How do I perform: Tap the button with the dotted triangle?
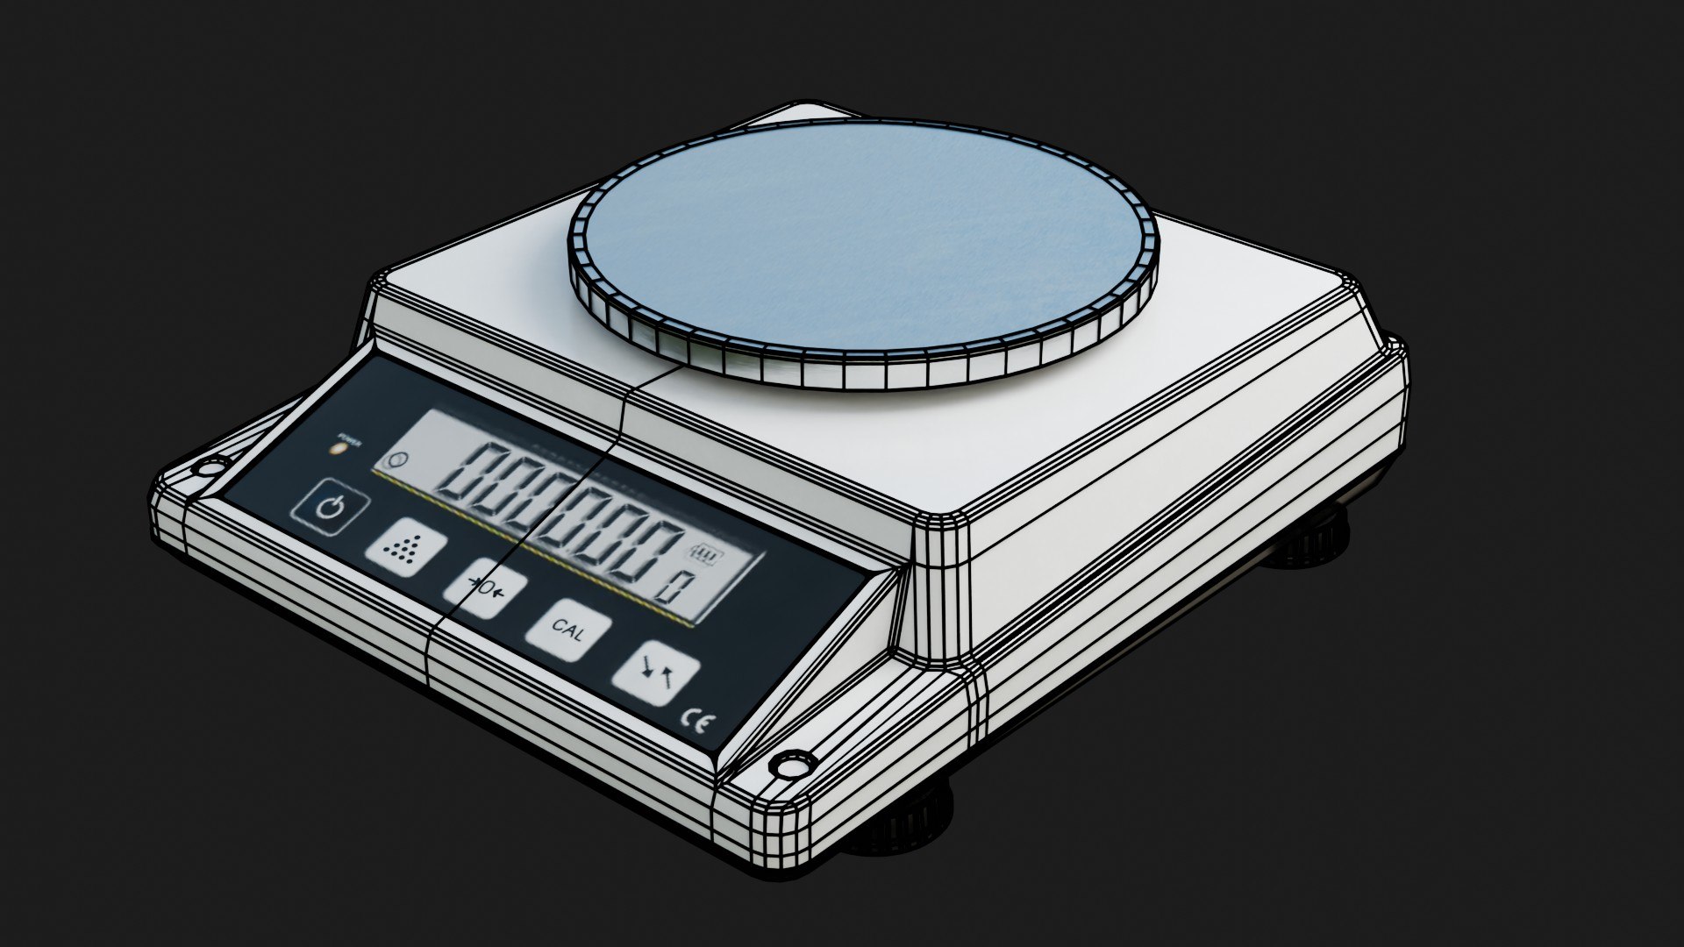coord(405,549)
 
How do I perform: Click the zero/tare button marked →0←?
coord(485,587)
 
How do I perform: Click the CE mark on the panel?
coord(697,722)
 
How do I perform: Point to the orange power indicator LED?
coord(338,449)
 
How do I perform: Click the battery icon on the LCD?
coord(703,553)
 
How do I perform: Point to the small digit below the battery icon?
coord(674,586)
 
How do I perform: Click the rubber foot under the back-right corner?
coord(1311,537)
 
